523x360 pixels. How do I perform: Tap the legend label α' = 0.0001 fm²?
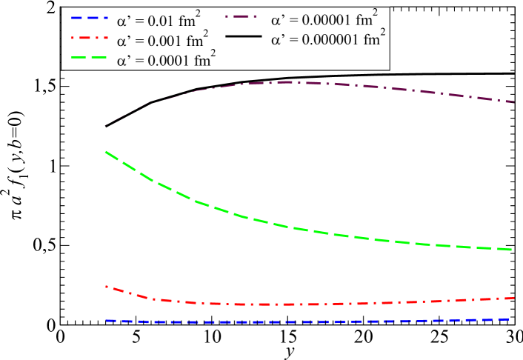pos(166,61)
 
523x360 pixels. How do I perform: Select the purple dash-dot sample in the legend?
pos(244,16)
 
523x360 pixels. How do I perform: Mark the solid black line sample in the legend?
pos(244,36)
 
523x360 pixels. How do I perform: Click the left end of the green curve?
pos(106,151)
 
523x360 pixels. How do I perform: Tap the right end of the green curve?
pos(513,250)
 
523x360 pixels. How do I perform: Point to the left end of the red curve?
pos(106,286)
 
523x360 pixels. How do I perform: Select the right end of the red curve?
pos(513,298)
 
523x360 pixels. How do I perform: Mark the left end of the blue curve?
pos(106,321)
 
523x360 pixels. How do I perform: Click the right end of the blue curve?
pos(513,319)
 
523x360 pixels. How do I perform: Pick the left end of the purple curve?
pos(106,125)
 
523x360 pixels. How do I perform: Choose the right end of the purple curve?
pos(513,102)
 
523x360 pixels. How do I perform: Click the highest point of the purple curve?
pos(285,82)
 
